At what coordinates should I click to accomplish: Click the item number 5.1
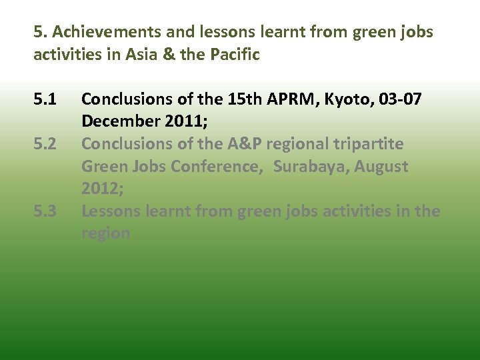click(45, 100)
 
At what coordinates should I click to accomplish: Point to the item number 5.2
click(45, 144)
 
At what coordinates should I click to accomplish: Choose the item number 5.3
click(45, 211)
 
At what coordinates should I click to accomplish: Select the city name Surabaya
click(309, 167)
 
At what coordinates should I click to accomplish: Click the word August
click(381, 167)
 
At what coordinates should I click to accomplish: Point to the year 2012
click(101, 189)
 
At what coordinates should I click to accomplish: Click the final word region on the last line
click(105, 233)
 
